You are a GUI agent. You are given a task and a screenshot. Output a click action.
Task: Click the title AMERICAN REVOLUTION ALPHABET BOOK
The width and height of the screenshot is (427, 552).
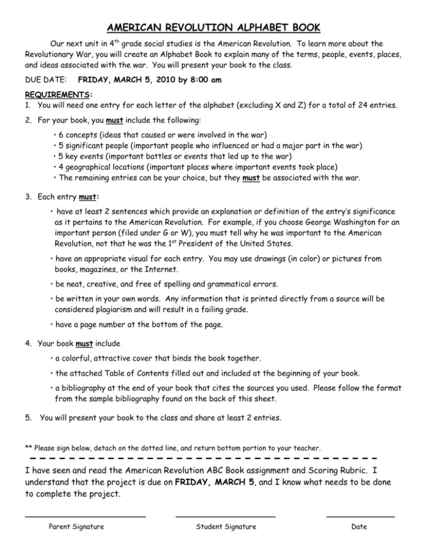(x=213, y=28)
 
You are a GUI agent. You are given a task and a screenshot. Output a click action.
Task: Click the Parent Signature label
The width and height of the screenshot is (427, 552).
(x=77, y=527)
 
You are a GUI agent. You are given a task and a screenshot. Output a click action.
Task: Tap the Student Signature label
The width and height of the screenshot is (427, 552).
(x=225, y=527)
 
